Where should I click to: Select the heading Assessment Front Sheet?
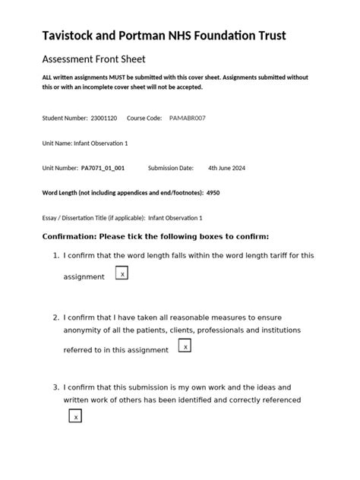pos(93,59)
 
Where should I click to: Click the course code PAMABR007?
pos(187,118)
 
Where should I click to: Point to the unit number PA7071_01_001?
pos(103,168)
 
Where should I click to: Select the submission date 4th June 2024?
pos(226,168)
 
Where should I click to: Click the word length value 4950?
pos(213,193)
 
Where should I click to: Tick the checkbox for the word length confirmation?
pos(122,273)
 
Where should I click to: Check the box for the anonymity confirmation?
pos(185,346)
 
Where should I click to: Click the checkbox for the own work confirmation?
pos(74,416)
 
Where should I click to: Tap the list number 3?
pos(56,387)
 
